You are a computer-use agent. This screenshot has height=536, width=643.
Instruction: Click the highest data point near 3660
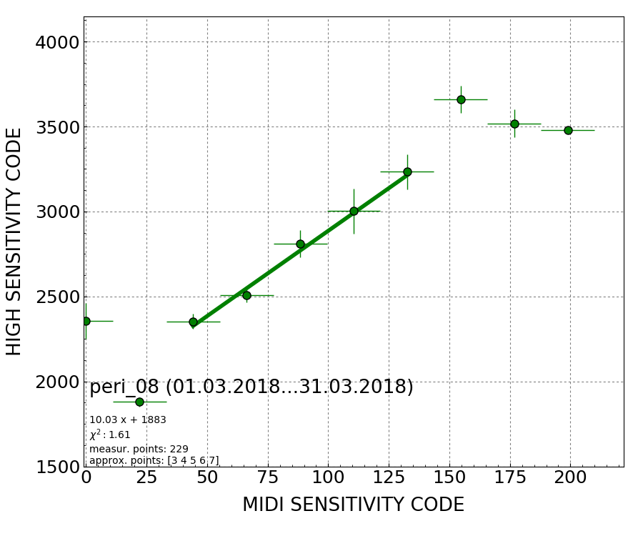(461, 99)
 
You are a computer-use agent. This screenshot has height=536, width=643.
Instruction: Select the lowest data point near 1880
(139, 402)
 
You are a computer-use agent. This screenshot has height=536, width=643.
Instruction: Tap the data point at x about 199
(568, 130)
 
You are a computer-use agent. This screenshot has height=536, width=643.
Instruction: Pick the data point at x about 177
(514, 124)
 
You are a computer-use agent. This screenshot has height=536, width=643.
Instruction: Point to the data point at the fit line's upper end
(407, 172)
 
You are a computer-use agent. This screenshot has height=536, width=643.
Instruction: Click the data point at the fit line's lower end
(193, 322)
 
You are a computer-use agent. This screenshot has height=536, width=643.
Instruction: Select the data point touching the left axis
(86, 321)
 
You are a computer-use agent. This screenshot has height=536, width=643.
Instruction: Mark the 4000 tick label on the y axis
(56, 42)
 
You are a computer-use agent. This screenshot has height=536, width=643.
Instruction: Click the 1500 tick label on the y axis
(56, 467)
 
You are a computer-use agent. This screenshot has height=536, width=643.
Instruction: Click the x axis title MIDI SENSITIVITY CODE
(353, 505)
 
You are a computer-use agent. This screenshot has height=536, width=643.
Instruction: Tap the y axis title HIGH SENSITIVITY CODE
(14, 242)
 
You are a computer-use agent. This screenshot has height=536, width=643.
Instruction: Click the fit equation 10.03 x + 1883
(128, 420)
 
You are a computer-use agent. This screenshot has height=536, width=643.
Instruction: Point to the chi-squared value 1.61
(110, 435)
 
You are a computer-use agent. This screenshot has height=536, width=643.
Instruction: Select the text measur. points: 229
(139, 449)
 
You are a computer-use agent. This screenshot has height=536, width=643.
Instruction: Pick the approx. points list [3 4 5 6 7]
(154, 460)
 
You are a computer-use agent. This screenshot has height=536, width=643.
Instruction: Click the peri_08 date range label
(251, 387)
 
